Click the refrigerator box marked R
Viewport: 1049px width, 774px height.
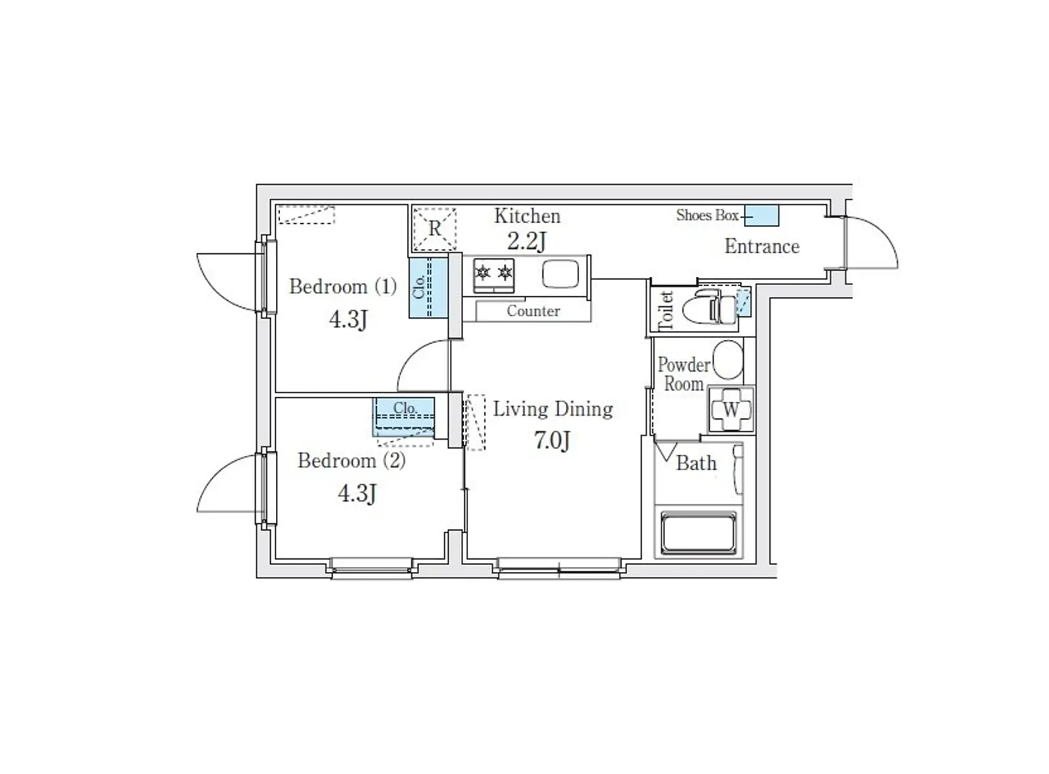pyautogui.click(x=434, y=229)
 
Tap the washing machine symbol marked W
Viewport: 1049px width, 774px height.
pyautogui.click(x=731, y=410)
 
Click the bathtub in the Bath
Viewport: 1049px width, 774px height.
pyautogui.click(x=698, y=533)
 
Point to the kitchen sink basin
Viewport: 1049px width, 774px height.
pyautogui.click(x=560, y=274)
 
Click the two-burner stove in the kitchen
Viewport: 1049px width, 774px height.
pyautogui.click(x=494, y=274)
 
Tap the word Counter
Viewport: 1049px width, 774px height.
pyautogui.click(x=533, y=311)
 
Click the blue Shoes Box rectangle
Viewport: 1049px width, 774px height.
pyautogui.click(x=761, y=215)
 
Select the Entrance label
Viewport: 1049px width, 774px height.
pyautogui.click(x=761, y=246)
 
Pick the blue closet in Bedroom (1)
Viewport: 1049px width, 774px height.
pyautogui.click(x=428, y=288)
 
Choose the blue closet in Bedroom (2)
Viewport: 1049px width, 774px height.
pyautogui.click(x=404, y=417)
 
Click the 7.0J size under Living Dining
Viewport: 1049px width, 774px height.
pyautogui.click(x=552, y=440)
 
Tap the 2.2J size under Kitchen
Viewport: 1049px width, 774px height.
pyautogui.click(x=526, y=241)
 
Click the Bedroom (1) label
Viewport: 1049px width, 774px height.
pyautogui.click(x=343, y=287)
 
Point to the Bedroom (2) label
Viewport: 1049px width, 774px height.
pyautogui.click(x=351, y=461)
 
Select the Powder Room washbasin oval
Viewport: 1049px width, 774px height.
pyautogui.click(x=727, y=360)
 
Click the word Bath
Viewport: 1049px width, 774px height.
pyautogui.click(x=696, y=463)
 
